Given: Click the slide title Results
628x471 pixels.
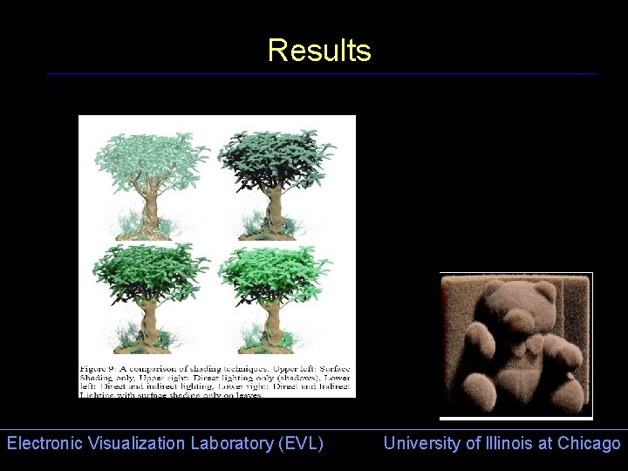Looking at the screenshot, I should pyautogui.click(x=319, y=51).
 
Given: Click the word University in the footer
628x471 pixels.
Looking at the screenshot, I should pyautogui.click(x=422, y=443).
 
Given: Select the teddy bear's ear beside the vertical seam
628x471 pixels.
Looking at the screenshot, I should pyautogui.click(x=544, y=293).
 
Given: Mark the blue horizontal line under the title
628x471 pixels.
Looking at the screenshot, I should pyautogui.click(x=323, y=74).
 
